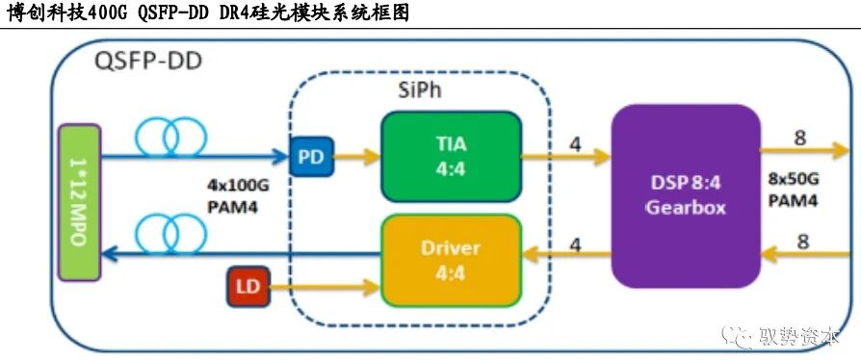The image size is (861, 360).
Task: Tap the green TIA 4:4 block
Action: coord(451,156)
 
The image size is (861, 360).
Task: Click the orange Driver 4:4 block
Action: coord(451,260)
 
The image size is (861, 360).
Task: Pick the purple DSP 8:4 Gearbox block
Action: coord(685,195)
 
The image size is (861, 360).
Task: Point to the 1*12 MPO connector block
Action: coord(79,200)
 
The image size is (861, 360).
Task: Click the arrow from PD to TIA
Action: coord(355,156)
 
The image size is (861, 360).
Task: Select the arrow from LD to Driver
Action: coord(324,286)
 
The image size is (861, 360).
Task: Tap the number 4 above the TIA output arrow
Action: coord(575,144)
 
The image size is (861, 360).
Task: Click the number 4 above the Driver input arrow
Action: coord(575,244)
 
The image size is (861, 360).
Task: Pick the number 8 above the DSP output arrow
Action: coord(797,137)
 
